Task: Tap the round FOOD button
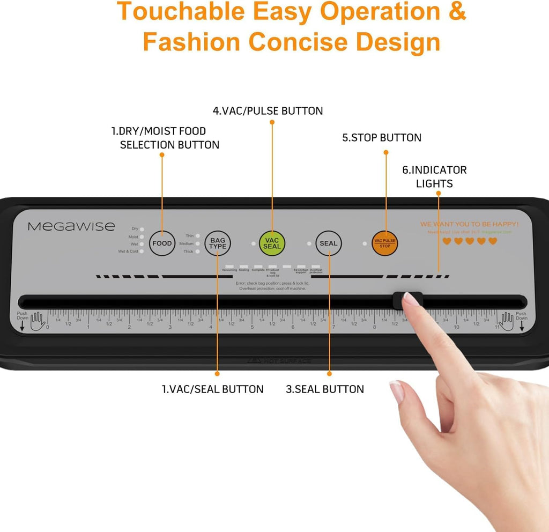[162, 243]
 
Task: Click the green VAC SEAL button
[272, 243]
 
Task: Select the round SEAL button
[328, 243]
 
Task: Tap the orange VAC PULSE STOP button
[385, 243]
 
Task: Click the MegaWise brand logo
[71, 226]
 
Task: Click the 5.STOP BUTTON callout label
[382, 138]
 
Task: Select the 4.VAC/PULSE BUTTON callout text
[268, 111]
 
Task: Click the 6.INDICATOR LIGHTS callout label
[434, 176]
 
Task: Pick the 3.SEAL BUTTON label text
[324, 389]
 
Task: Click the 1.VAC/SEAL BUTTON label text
[213, 389]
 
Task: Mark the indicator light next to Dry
[142, 229]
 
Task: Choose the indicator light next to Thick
[198, 252]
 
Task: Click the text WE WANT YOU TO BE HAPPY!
[469, 224]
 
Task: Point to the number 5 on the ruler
[252, 327]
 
